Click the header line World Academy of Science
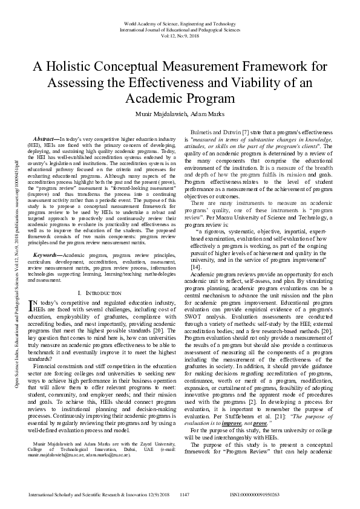[x=180, y=22]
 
